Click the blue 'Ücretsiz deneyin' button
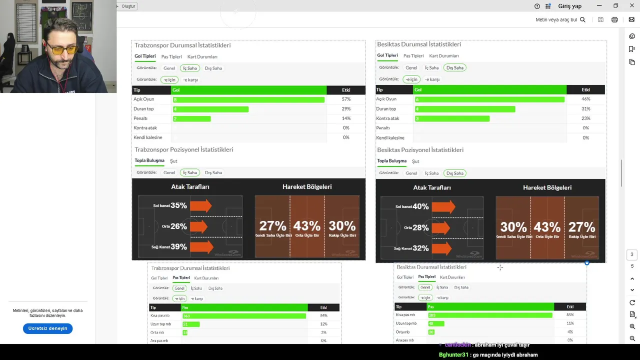pyautogui.click(x=47, y=328)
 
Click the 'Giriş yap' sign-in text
pyautogui.click(x=569, y=6)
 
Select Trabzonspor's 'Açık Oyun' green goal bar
pyautogui.click(x=248, y=99)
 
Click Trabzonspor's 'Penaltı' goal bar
pyautogui.click(x=191, y=119)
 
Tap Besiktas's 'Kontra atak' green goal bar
pyautogui.click(x=452, y=118)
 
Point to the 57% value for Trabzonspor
pyautogui.click(x=346, y=99)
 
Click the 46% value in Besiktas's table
pyautogui.click(x=585, y=99)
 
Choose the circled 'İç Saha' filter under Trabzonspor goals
pyautogui.click(x=189, y=68)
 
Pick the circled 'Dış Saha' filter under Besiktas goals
pyautogui.click(x=454, y=67)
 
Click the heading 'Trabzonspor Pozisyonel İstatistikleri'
pyautogui.click(x=183, y=149)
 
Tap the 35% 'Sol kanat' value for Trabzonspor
pyautogui.click(x=178, y=205)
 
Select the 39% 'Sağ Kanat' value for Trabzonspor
pyautogui.click(x=178, y=246)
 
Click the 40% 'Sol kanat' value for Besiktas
pyautogui.click(x=420, y=206)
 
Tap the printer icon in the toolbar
pyautogui.click(x=614, y=19)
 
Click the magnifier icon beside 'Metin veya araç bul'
pyautogui.click(x=582, y=19)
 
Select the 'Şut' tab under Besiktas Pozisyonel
pyautogui.click(x=415, y=161)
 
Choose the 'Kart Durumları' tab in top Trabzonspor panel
pyautogui.click(x=202, y=57)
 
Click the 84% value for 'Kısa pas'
pyautogui.click(x=323, y=315)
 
